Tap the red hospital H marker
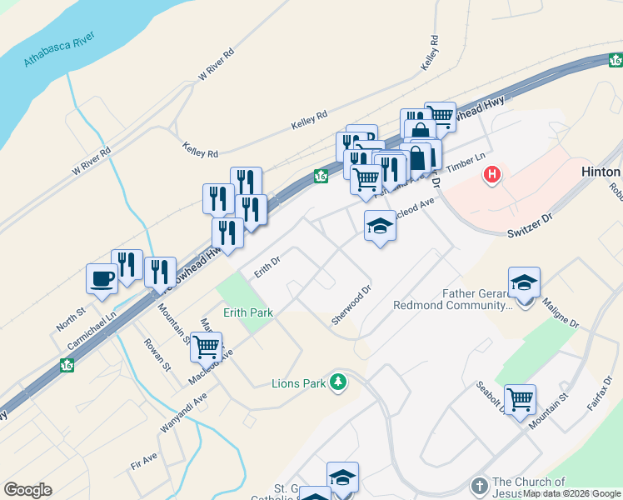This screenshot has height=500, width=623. tap(492, 175)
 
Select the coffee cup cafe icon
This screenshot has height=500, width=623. tap(102, 278)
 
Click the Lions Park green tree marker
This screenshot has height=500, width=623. tap(338, 382)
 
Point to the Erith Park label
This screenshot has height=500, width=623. tap(247, 312)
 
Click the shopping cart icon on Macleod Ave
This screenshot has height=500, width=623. tap(206, 345)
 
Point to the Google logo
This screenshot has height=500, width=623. tap(27, 490)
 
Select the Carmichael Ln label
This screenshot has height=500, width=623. tap(87, 317)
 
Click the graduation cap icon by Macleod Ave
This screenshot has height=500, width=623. tap(380, 226)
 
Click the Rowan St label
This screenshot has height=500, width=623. tap(156, 354)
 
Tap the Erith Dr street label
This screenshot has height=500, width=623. tap(268, 267)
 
